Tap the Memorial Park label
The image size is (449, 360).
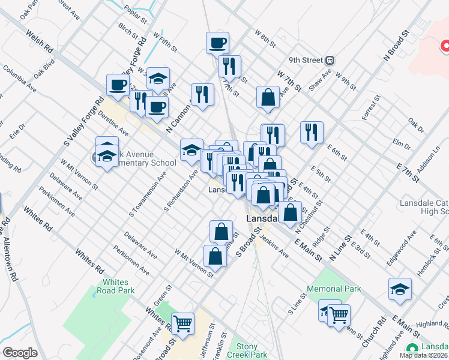coord(334,289)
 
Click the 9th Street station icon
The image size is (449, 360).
coord(330,60)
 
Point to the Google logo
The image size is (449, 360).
coord(20,353)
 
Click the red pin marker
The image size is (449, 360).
coord(445,46)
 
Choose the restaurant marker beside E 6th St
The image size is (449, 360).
coord(312,132)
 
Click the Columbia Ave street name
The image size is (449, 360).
coord(18,78)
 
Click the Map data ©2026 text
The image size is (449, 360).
coord(423,355)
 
